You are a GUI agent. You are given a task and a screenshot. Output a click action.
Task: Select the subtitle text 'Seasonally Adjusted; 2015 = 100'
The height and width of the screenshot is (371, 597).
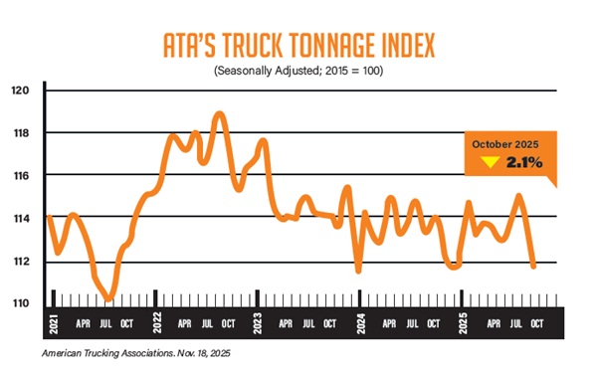tap(298, 72)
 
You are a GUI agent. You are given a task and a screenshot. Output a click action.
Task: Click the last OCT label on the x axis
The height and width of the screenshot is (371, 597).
tap(537, 323)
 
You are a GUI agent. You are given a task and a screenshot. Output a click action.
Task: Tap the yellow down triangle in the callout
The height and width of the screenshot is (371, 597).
tap(489, 162)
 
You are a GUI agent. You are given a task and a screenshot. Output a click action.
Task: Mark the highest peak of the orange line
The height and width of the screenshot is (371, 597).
tap(220, 113)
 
